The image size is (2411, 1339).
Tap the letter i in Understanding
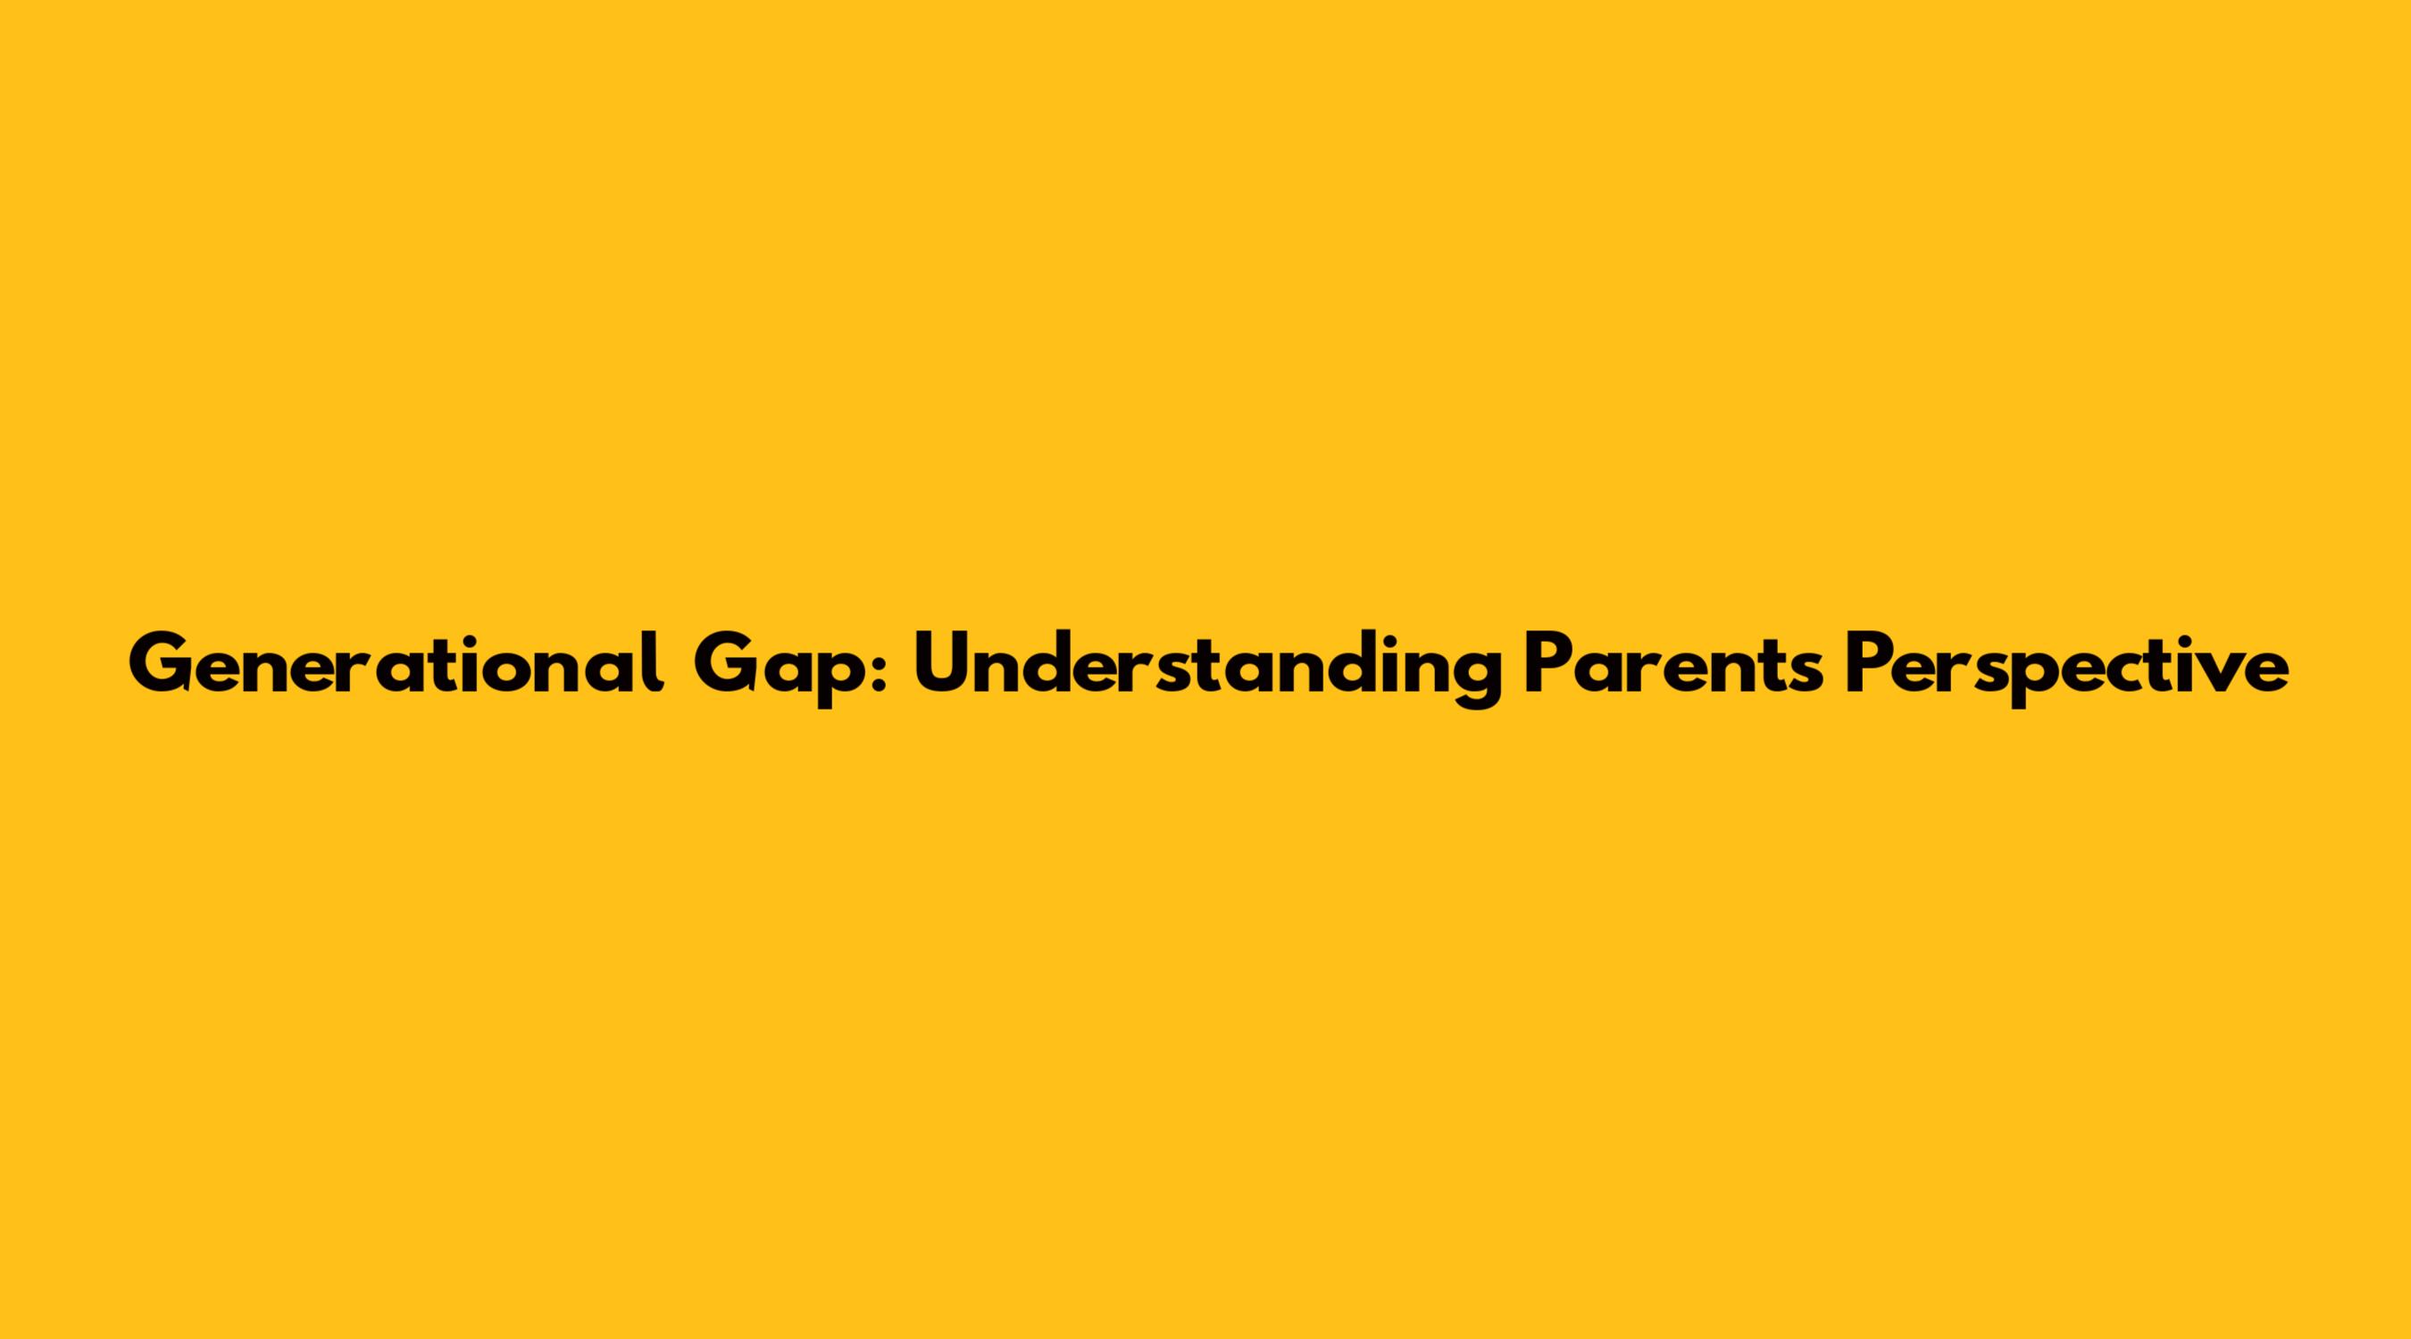coord(1377,665)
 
